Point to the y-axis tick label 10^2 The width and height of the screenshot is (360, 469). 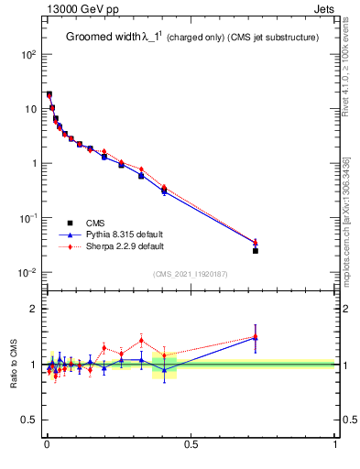point(29,55)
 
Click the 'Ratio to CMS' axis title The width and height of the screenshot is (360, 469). point(14,364)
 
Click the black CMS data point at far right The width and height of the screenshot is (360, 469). point(256,250)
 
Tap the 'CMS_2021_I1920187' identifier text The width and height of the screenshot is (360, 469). point(190,274)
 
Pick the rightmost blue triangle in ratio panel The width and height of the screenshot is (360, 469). point(256,339)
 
